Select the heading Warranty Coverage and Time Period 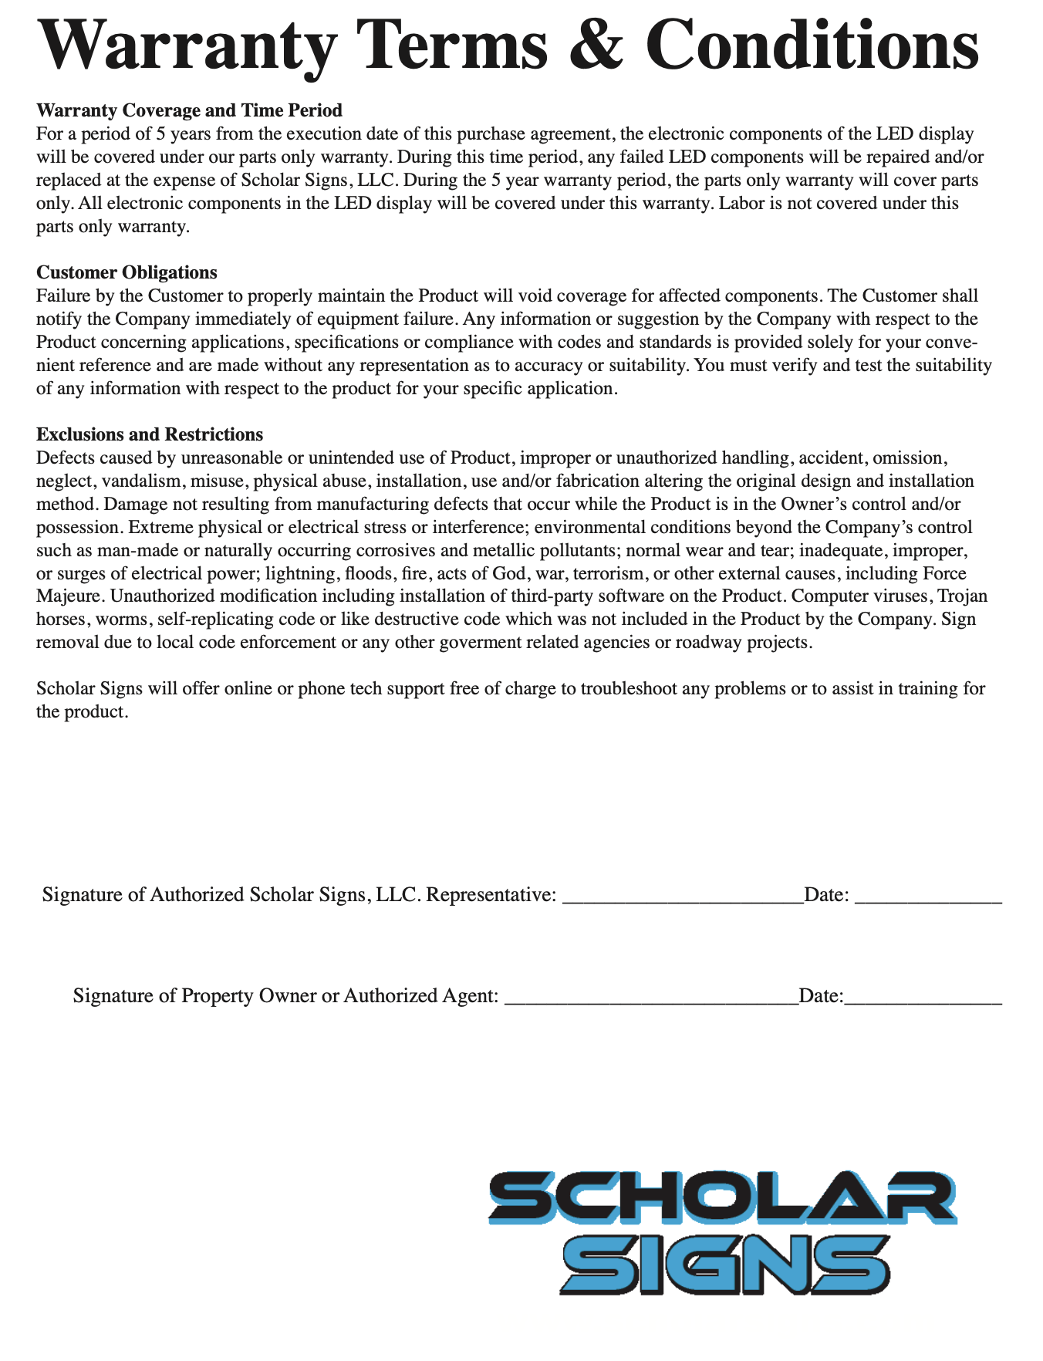point(189,111)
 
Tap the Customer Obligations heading point(127,272)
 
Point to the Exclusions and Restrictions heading point(150,434)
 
